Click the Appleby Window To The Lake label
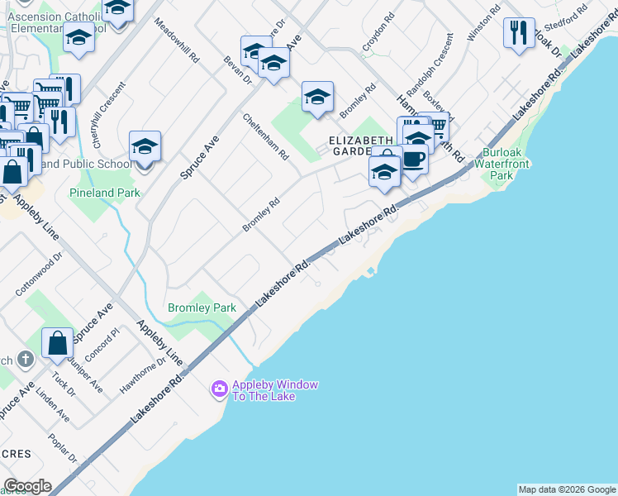pos(264,390)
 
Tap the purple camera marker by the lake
pos(219,388)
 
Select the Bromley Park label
pos(202,308)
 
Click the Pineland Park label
pos(104,193)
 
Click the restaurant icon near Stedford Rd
pos(519,33)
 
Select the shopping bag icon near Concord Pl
pos(57,342)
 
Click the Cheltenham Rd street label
pos(266,137)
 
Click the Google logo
pos(26,486)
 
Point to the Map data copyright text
pos(566,489)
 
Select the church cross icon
pos(26,359)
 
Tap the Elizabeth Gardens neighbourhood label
pos(361,145)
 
